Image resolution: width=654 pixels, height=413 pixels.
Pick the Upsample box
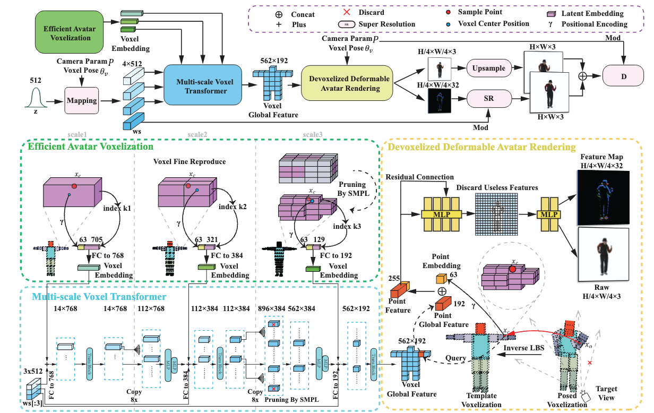(x=488, y=68)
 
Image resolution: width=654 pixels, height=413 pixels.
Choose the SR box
(x=488, y=99)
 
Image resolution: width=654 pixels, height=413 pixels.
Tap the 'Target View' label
(x=606, y=393)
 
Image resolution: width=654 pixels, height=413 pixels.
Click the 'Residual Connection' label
(x=420, y=177)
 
